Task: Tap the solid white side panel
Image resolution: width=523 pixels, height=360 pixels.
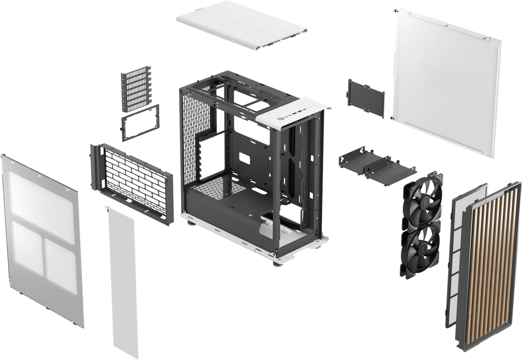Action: coord(446,81)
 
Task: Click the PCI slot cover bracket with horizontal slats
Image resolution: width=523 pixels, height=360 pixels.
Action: coord(136,89)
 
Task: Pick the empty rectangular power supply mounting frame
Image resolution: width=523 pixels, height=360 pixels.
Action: coord(140,122)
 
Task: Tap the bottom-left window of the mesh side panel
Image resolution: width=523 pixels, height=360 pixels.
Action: coord(27,245)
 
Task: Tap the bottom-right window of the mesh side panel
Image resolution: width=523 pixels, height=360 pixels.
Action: coord(60,261)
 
